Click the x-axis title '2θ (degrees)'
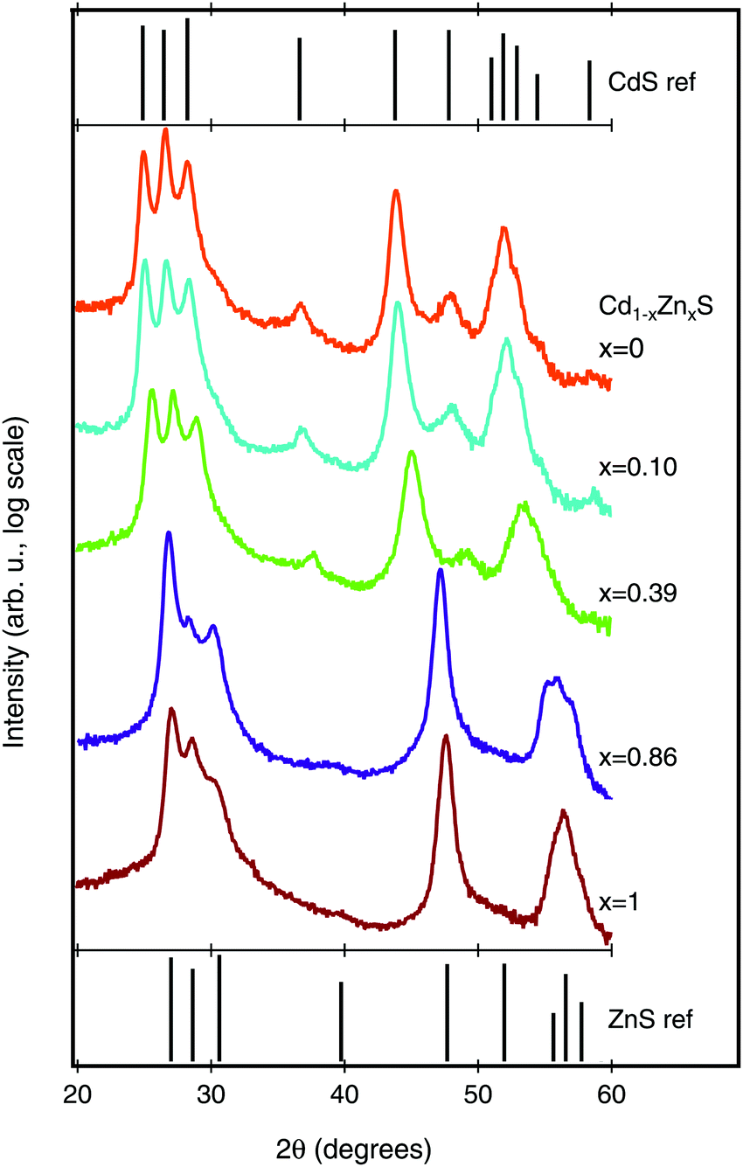coord(344,1146)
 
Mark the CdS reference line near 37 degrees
coord(300,79)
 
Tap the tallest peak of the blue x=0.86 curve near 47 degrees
coord(441,572)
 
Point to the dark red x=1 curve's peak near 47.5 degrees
coord(447,737)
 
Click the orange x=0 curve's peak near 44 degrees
coord(396,191)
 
